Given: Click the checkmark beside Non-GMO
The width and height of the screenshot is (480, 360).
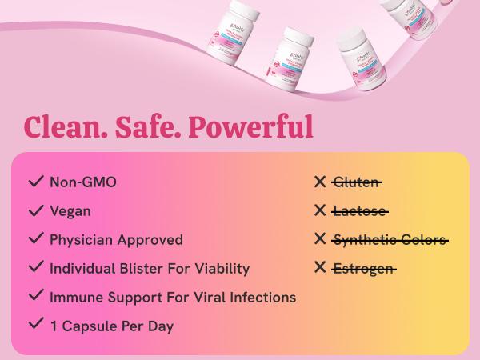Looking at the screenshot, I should point(35,182).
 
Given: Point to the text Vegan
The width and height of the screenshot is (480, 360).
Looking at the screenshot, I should point(70,211).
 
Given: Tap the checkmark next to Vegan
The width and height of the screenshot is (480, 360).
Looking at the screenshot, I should point(35,210).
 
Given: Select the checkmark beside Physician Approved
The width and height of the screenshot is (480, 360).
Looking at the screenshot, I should point(35,239).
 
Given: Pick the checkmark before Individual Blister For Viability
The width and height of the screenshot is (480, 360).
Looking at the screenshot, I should point(35,268).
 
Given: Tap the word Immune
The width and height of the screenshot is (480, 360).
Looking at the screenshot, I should point(75,298).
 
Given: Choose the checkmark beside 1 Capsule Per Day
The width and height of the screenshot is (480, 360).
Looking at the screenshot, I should point(35,325).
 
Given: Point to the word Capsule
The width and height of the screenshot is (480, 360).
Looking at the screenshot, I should point(87,326).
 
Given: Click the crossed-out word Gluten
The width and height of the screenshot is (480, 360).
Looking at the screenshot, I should point(356,182).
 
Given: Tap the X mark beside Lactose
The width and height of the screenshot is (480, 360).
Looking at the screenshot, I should point(320,211).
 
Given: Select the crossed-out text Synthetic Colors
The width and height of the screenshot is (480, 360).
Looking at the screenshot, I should point(390,240).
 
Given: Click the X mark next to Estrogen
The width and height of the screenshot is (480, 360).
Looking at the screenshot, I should point(320,268).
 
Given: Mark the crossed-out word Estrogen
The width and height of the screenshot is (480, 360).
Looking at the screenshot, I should point(363,269).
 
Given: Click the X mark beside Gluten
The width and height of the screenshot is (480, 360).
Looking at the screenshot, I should point(320,182).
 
